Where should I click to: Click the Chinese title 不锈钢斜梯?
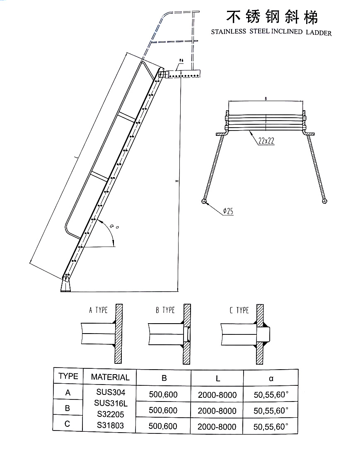[272, 17]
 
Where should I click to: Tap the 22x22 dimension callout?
[266, 141]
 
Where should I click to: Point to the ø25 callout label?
[228, 211]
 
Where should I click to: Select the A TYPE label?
[98, 310]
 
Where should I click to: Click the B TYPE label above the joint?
[165, 310]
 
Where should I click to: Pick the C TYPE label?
[239, 310]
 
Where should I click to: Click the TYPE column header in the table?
[68, 376]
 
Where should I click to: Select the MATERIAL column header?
[110, 377]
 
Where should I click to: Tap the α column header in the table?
[271, 378]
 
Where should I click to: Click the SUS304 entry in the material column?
[110, 392]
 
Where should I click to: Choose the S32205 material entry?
[110, 414]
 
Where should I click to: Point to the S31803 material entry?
[110, 425]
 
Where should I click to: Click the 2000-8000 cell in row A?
[217, 394]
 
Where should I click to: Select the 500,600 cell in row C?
[163, 426]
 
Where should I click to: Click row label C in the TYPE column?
[68, 424]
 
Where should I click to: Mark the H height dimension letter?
[176, 181]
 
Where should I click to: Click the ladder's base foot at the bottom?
[65, 285]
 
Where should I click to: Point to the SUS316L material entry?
[110, 403]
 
